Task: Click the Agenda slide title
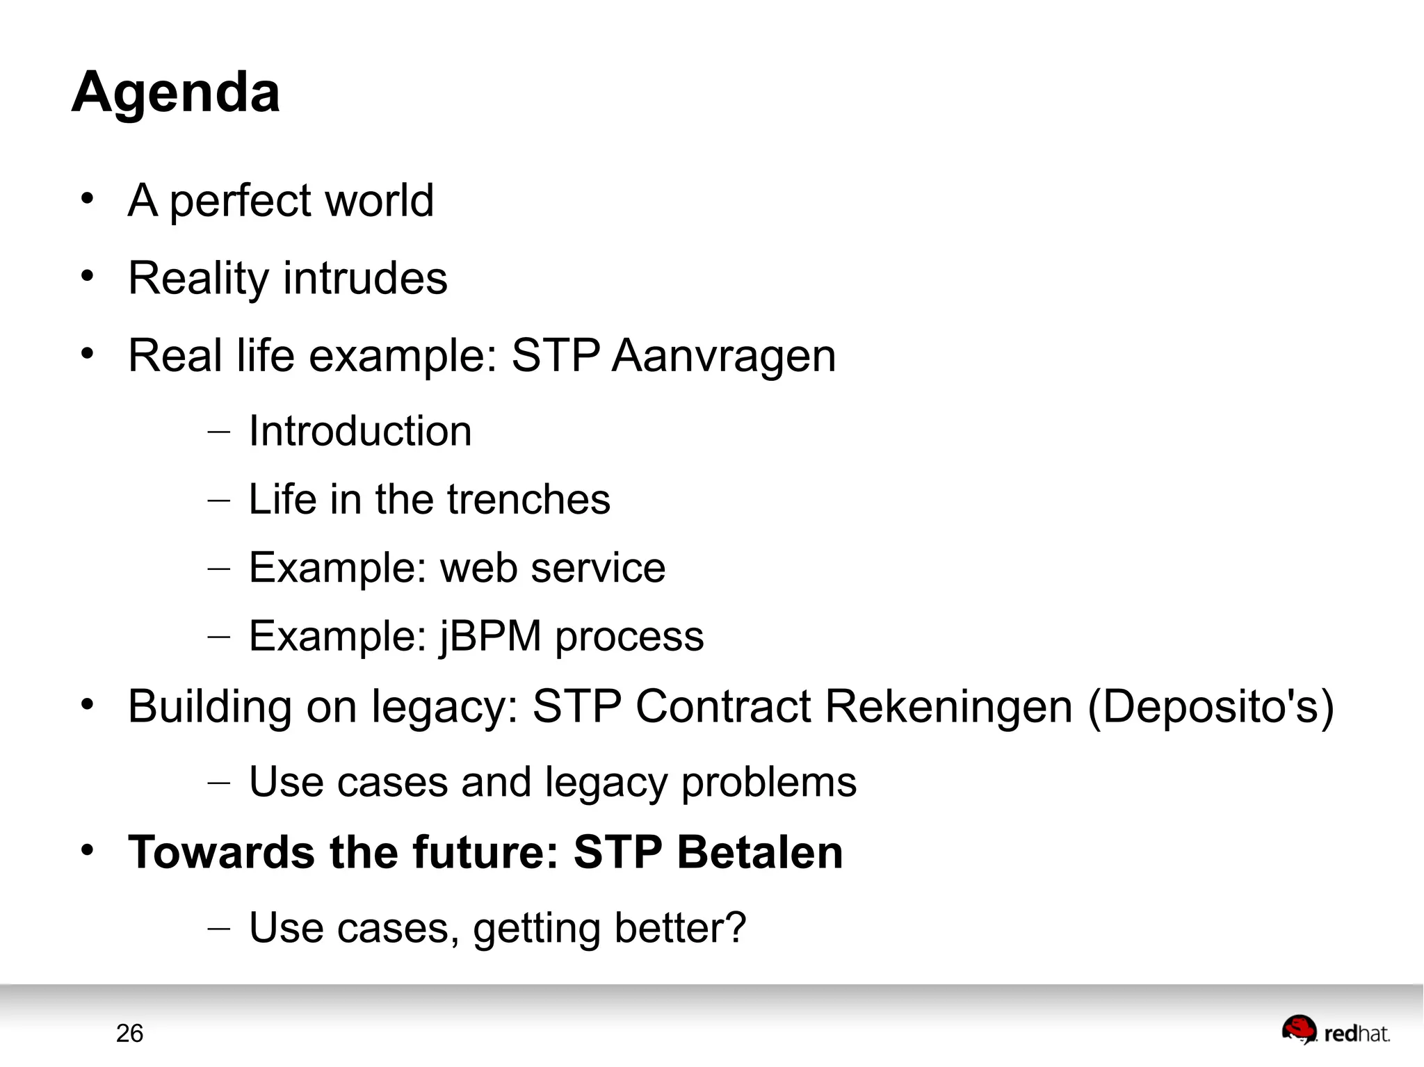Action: click(176, 92)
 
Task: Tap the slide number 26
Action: click(129, 1034)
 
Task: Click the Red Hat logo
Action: click(1335, 1031)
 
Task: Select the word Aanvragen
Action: click(724, 355)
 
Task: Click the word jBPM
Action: click(490, 635)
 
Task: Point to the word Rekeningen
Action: click(949, 706)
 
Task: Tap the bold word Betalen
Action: click(760, 852)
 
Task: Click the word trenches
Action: click(528, 499)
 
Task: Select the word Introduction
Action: click(360, 431)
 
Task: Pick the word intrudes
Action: click(365, 278)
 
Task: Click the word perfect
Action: click(240, 201)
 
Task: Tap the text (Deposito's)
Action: click(1211, 706)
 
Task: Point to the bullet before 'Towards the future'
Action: click(87, 850)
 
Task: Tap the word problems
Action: click(768, 782)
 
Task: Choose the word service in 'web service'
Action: click(598, 568)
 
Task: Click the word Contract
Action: click(723, 706)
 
